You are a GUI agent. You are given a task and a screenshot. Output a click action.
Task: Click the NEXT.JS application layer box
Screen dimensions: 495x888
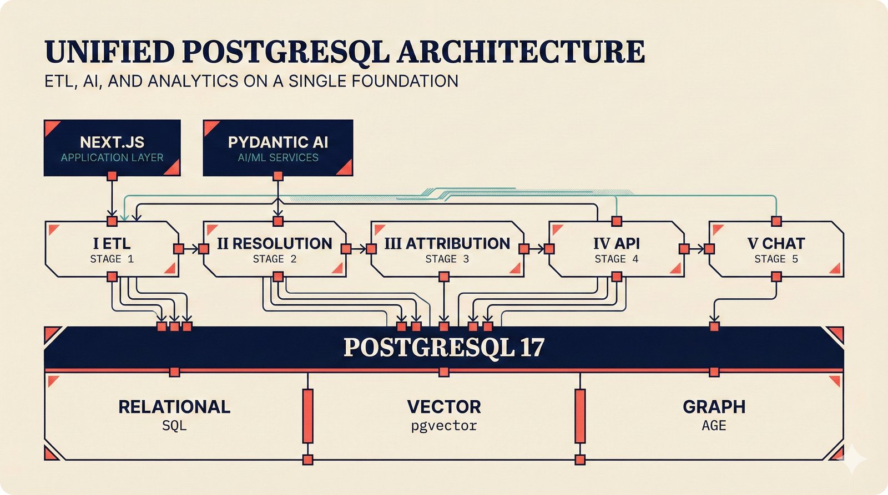coord(112,148)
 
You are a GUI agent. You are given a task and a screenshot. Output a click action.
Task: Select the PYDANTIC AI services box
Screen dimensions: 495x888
coord(277,148)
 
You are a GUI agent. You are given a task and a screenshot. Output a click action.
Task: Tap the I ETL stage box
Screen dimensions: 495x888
coord(112,249)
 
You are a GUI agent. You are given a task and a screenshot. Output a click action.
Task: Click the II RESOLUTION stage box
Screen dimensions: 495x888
coord(275,249)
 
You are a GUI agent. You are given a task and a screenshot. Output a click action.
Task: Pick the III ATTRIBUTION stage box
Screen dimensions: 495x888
coord(447,249)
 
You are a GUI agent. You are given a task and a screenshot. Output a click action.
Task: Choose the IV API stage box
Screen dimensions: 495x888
coord(616,249)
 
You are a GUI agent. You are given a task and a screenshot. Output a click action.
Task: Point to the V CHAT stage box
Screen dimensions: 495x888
coord(776,249)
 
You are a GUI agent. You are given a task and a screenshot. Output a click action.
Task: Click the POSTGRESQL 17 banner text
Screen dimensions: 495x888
coord(443,348)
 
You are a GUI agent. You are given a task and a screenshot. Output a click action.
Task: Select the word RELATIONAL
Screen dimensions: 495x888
coord(174,407)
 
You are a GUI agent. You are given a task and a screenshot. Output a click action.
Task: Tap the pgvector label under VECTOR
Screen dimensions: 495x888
coord(443,426)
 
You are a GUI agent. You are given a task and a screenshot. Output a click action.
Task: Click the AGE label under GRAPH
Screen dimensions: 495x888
coord(714,426)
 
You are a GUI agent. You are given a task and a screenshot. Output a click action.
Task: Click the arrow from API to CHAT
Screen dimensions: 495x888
coord(697,249)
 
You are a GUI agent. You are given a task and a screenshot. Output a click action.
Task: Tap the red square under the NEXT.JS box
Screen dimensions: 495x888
coord(112,176)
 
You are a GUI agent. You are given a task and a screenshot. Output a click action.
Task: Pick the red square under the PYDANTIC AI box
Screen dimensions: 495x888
coord(278,176)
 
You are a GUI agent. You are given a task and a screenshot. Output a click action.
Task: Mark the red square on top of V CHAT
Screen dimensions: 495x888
coord(776,222)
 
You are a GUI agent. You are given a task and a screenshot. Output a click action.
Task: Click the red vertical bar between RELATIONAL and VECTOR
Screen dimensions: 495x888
coord(307,416)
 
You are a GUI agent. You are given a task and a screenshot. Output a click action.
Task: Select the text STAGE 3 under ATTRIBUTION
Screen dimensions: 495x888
coord(447,259)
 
